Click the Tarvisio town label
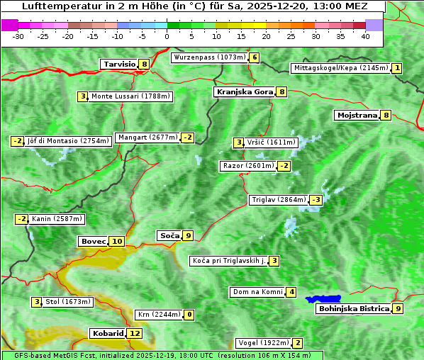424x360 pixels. click(x=119, y=64)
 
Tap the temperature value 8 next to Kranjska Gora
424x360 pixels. click(x=281, y=91)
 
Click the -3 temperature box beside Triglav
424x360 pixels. click(x=316, y=200)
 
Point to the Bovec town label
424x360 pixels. click(x=93, y=241)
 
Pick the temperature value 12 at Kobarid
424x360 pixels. click(x=135, y=333)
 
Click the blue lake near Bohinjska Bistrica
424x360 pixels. click(x=323, y=299)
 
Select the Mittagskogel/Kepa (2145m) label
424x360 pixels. click(x=341, y=68)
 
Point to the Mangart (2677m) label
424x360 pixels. click(x=147, y=137)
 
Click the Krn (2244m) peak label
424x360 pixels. click(x=159, y=315)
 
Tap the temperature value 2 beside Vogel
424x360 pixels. click(x=298, y=343)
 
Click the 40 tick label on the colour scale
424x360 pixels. click(x=365, y=36)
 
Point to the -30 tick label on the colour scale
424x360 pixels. click(x=18, y=36)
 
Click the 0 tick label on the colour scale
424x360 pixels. click(x=167, y=36)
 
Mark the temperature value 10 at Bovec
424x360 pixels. click(x=117, y=241)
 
